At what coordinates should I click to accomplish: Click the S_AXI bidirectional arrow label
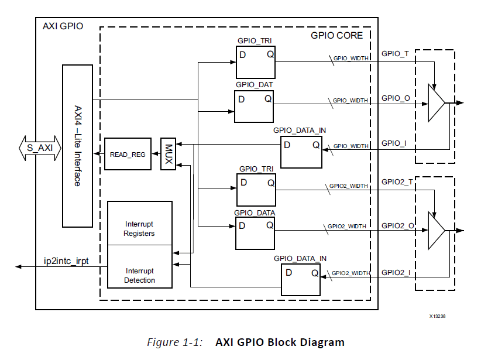(40, 148)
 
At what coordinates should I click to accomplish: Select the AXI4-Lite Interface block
(77, 145)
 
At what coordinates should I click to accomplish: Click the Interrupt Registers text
(139, 229)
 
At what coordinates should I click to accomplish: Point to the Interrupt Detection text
(140, 276)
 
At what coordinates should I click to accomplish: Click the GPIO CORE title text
(336, 36)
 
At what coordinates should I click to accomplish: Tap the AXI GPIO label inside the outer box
(63, 26)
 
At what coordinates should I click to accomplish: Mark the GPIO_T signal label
(395, 53)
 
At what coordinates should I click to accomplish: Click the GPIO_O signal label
(395, 98)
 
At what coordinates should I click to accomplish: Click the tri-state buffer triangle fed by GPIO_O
(436, 103)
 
